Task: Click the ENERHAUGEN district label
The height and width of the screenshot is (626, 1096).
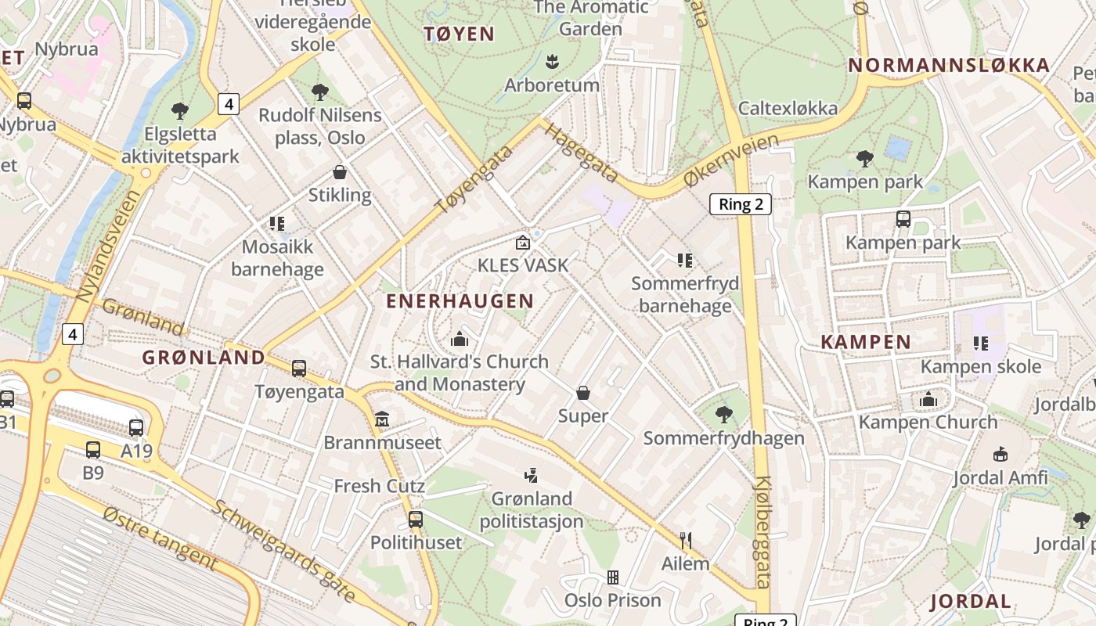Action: tap(460, 301)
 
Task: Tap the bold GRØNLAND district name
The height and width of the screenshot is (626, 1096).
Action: tap(204, 358)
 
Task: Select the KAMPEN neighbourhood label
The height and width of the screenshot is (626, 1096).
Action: tap(866, 342)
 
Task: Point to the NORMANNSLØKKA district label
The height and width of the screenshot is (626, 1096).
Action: tap(949, 65)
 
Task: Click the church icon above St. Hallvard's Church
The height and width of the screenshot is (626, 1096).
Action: tap(460, 339)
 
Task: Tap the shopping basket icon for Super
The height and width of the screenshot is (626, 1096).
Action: tap(583, 393)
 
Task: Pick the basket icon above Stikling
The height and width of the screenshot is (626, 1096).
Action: tap(340, 172)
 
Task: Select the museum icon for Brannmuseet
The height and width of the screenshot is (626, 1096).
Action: tap(382, 419)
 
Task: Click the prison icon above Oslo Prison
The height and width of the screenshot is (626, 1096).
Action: tap(613, 577)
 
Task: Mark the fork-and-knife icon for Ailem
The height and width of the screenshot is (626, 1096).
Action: tap(686, 540)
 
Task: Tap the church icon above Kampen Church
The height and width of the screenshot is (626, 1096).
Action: tap(928, 399)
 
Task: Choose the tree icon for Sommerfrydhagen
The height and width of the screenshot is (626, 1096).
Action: tap(723, 415)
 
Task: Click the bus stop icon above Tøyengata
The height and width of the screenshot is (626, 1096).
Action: tap(299, 369)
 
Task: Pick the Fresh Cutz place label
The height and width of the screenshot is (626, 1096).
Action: tap(380, 486)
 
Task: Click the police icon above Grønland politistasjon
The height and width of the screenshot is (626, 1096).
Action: tap(532, 475)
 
